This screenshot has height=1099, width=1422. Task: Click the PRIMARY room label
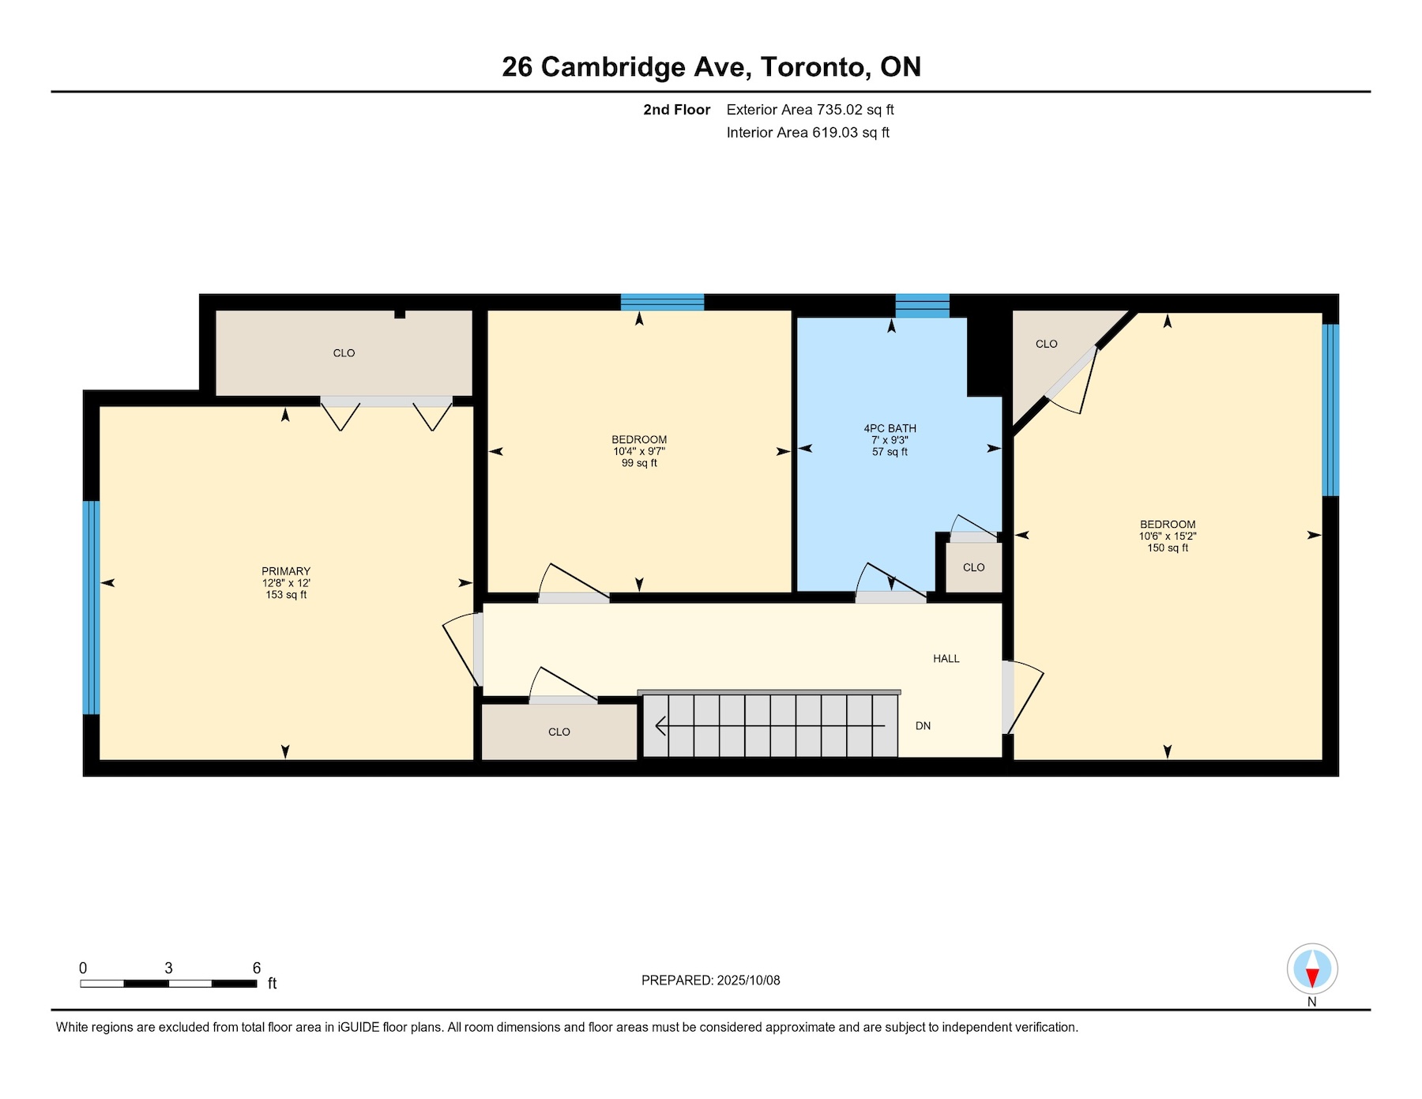tap(286, 571)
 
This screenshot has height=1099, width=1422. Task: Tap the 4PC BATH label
tap(890, 428)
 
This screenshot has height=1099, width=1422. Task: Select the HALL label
tap(946, 658)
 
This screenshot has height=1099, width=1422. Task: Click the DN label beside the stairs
tap(923, 725)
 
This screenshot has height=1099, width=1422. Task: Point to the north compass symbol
tap(1312, 969)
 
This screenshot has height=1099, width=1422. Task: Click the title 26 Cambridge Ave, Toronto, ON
tap(711, 66)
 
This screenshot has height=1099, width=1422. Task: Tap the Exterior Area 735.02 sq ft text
tap(810, 110)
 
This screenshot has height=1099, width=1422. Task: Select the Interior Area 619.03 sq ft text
tap(807, 133)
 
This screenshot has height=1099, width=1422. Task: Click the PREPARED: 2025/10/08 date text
tap(710, 980)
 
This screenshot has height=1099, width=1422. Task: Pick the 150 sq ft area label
tap(1168, 548)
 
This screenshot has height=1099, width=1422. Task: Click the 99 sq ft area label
tap(639, 463)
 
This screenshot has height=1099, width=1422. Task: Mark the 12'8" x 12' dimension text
tap(286, 583)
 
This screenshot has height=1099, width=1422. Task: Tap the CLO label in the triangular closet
tap(1046, 344)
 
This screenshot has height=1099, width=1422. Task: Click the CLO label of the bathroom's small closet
tap(973, 567)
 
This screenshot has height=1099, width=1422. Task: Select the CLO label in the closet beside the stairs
tap(559, 732)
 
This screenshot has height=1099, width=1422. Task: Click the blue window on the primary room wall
tap(92, 608)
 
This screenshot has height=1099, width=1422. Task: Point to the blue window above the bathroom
tap(922, 306)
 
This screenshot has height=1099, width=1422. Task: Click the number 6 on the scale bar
tap(256, 968)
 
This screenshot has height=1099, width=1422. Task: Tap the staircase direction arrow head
tap(660, 725)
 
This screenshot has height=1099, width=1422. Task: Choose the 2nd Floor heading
tap(676, 110)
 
